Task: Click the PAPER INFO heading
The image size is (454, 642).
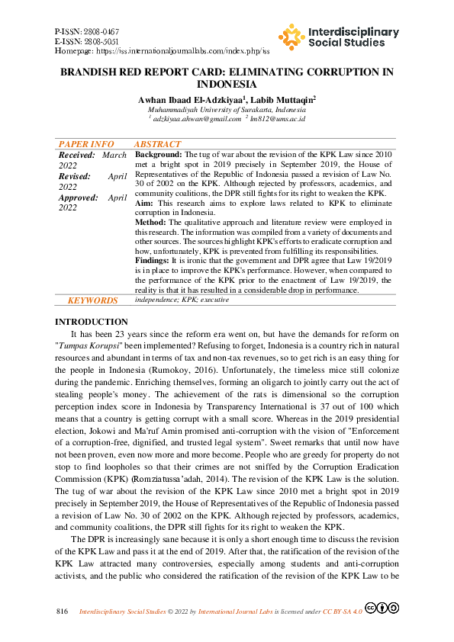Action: click(87, 144)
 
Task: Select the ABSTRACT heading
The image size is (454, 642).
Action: click(158, 144)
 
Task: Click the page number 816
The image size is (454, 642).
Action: click(63, 612)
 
